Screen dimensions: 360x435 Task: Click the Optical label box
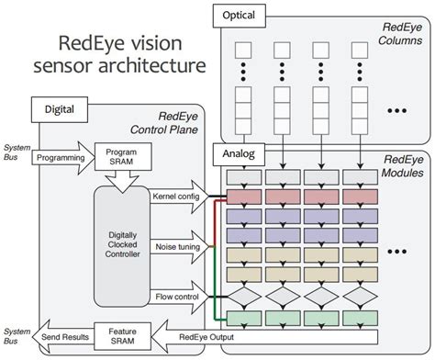tap(240, 17)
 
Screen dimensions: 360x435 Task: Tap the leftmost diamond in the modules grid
tap(251, 297)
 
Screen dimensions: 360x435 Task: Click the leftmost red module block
tap(251, 196)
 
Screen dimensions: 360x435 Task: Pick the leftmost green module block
tap(251, 318)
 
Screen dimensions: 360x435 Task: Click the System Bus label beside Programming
tap(17, 152)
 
